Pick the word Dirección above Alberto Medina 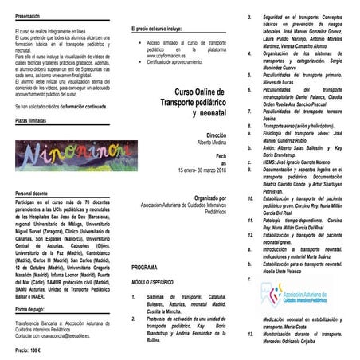pyautogui.click(x=215, y=136)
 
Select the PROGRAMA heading pyautogui.click(x=146, y=268)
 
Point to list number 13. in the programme pyautogui.click(x=252, y=335)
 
